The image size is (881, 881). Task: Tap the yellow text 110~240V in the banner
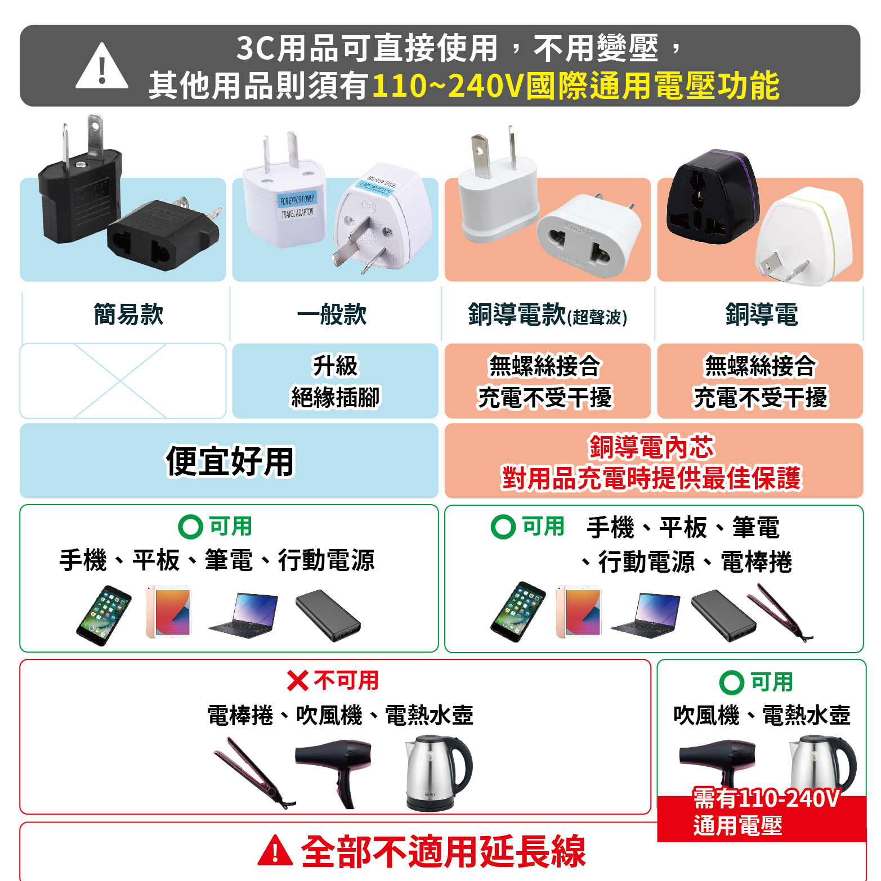(x=448, y=86)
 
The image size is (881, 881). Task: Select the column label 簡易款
(x=128, y=314)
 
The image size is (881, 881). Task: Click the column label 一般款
(x=332, y=314)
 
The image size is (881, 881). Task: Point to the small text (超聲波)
(x=597, y=317)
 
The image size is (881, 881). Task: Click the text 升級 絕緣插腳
(x=335, y=381)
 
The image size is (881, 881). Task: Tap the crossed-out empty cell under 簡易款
(x=123, y=381)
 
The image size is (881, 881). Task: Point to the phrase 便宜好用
(x=230, y=461)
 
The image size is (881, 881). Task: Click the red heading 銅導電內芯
(x=651, y=447)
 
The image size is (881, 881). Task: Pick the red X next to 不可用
(x=297, y=681)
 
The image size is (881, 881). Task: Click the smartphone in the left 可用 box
(x=104, y=615)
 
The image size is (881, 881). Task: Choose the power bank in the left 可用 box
(x=328, y=615)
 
